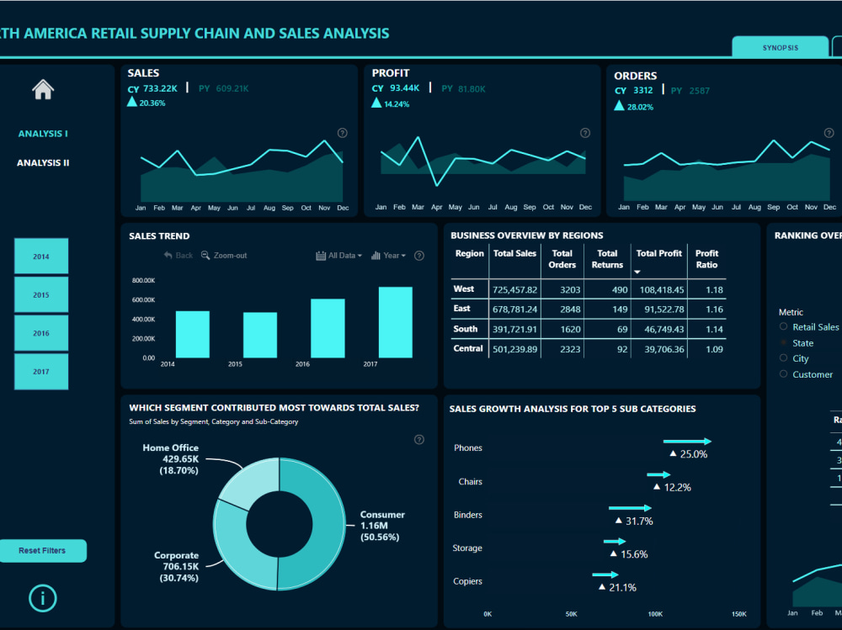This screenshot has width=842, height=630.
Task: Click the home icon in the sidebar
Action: [x=43, y=89]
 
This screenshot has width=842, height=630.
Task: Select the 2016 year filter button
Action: [x=41, y=333]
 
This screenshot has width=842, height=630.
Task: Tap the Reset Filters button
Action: [x=42, y=551]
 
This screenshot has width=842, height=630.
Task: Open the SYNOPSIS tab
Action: [x=780, y=48]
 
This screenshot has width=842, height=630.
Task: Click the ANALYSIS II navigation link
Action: [x=43, y=163]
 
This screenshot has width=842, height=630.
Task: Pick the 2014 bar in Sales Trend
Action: [x=192, y=334]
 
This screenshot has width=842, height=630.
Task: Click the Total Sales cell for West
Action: [x=515, y=289]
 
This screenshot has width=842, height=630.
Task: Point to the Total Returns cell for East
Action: [x=607, y=309]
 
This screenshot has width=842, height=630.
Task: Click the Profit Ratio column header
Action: [x=706, y=259]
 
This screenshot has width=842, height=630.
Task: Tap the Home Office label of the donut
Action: [x=171, y=459]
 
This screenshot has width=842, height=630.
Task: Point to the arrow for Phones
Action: [x=687, y=442]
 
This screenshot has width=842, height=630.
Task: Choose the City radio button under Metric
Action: [x=784, y=358]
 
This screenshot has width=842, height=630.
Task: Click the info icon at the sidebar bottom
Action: [x=43, y=598]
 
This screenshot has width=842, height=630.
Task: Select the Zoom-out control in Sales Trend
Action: [x=224, y=256]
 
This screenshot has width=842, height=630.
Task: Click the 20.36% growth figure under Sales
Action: [x=152, y=103]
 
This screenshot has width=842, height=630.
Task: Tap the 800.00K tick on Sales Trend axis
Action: [x=143, y=281]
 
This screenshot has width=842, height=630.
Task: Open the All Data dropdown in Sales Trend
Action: [x=339, y=256]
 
